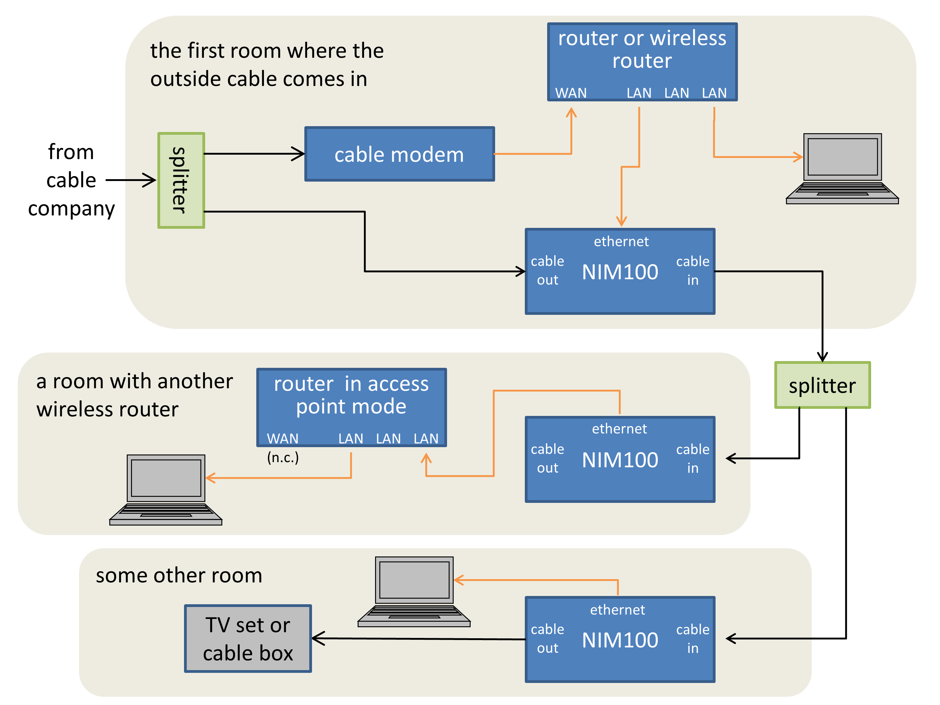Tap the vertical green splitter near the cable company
(x=181, y=180)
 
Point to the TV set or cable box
(x=248, y=638)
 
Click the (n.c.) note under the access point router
(x=283, y=458)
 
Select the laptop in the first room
(x=842, y=169)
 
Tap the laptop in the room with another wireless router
(x=166, y=489)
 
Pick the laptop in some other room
(x=414, y=592)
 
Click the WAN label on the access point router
(x=282, y=438)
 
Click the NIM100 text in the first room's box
(x=620, y=272)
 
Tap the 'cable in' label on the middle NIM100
(x=692, y=458)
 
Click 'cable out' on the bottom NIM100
(x=547, y=639)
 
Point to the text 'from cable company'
(x=71, y=180)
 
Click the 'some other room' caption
(x=179, y=575)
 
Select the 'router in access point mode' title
(x=351, y=395)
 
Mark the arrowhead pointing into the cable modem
(x=299, y=154)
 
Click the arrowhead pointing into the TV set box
(x=318, y=638)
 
